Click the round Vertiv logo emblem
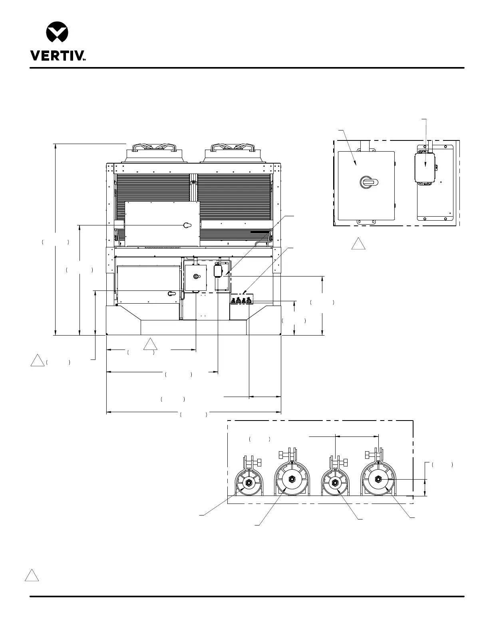click(57, 32)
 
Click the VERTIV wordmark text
click(58, 55)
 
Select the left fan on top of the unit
click(154, 153)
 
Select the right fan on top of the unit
click(233, 153)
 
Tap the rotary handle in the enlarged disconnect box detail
click(369, 182)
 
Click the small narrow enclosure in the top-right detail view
click(424, 168)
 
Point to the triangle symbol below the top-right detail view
click(358, 244)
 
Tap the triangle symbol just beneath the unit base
click(150, 344)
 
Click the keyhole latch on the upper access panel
click(187, 225)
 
